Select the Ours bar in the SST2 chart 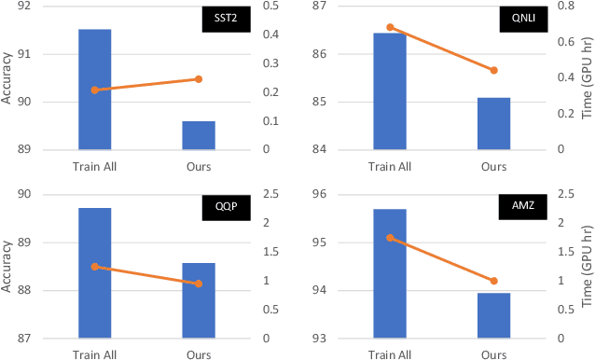pyautogui.click(x=198, y=134)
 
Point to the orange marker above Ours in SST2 pyautogui.click(x=198, y=79)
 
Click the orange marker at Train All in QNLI pyautogui.click(x=390, y=27)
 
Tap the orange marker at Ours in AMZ pyautogui.click(x=493, y=281)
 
